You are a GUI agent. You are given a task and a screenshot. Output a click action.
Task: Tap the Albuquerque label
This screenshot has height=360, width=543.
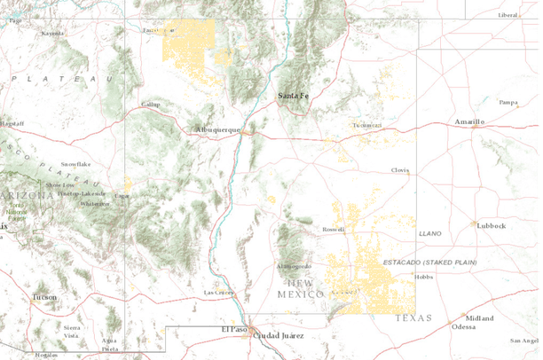218,129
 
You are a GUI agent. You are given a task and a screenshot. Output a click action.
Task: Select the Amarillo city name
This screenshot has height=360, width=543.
469,121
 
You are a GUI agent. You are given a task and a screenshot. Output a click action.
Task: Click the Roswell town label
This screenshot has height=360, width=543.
333,229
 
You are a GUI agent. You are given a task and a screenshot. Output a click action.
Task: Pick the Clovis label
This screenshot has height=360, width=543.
401,170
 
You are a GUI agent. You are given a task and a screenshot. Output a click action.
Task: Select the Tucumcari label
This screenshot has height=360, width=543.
366,125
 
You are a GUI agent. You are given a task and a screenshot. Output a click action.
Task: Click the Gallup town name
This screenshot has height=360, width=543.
153,104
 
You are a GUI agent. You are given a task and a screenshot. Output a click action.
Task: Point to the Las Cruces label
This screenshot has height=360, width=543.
219,292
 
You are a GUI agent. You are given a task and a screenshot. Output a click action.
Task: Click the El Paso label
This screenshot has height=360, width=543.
233,329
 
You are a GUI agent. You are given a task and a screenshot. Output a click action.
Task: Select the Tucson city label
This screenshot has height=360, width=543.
43,297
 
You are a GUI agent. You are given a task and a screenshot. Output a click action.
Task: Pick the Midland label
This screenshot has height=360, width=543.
479,317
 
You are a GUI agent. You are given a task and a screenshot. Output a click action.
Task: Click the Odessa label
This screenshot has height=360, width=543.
463,326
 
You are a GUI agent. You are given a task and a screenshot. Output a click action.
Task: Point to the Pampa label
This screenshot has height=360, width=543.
508,103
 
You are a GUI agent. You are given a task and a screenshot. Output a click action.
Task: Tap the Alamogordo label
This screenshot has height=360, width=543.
294,266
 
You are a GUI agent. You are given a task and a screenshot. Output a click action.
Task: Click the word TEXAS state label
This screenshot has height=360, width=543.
413,317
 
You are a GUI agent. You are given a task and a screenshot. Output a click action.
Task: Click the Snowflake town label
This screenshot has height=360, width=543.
75,164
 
